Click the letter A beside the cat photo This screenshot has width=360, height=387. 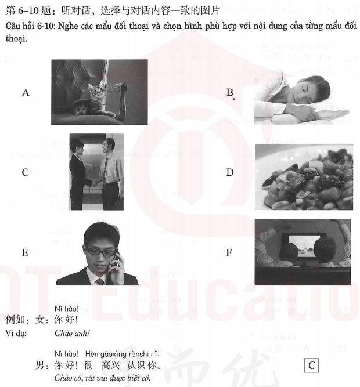(x=26, y=92)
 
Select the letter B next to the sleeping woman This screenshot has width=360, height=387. (x=230, y=92)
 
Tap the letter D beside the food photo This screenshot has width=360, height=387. (x=230, y=172)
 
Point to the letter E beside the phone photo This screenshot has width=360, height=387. (x=25, y=252)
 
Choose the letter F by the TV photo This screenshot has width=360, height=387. (x=230, y=252)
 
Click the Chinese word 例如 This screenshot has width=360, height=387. (x=15, y=320)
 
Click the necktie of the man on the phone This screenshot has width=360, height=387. (x=99, y=281)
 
